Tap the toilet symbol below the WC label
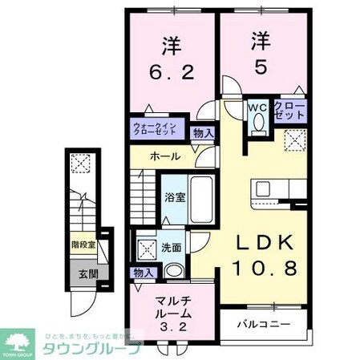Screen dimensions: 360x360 click(257, 124)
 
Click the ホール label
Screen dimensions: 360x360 click(165, 156)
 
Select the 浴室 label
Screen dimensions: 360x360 click(176, 197)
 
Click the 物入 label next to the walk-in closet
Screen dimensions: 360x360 click(204, 133)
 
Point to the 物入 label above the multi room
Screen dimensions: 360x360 click(144, 273)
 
